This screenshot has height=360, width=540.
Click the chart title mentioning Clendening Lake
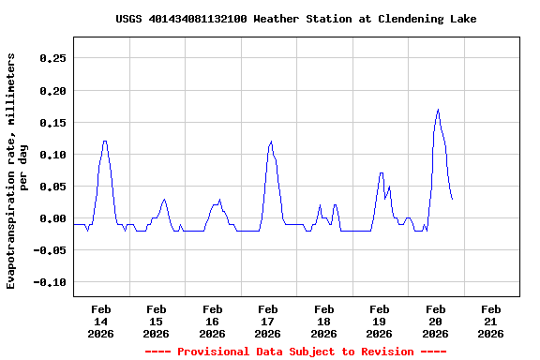[x=296, y=19]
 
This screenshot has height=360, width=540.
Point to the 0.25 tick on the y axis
[x=52, y=58]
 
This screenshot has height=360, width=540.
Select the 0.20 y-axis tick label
[x=52, y=91]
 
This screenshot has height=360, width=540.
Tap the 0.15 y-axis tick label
[x=52, y=123]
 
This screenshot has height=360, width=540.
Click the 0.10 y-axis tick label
[x=52, y=155]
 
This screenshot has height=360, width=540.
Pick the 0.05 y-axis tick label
[x=52, y=187]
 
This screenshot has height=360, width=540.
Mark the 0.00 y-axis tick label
[x=52, y=218]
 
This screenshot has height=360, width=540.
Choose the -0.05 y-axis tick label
[x=49, y=250]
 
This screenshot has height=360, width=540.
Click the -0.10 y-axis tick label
[x=49, y=282]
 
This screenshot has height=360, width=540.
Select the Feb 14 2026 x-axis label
[x=100, y=321]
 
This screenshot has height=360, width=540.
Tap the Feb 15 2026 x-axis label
[x=157, y=321]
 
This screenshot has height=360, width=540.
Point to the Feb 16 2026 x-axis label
[x=212, y=321]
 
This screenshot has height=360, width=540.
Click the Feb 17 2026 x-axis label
[x=268, y=321]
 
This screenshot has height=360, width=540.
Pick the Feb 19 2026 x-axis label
[x=380, y=321]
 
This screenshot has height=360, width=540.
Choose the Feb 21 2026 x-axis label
[x=491, y=321]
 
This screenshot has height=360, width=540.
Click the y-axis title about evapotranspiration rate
[x=18, y=171]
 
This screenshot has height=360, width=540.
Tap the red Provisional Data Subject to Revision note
[x=296, y=352]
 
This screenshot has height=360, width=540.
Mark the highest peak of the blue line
[x=438, y=110]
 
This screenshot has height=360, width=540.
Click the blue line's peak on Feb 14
[x=105, y=142]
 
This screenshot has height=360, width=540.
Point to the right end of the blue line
[x=452, y=199]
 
